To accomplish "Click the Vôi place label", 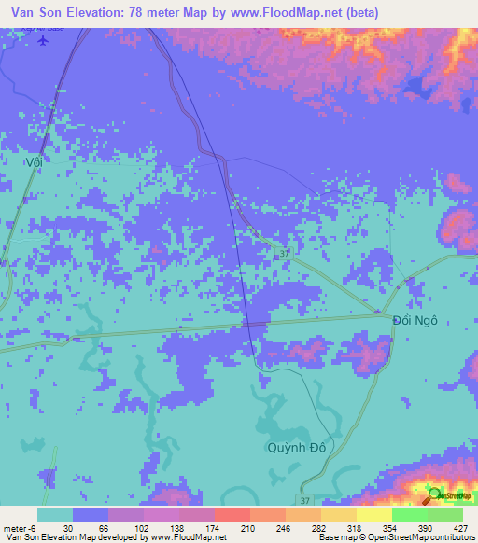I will click(x=34, y=161).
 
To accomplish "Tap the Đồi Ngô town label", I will click(x=415, y=319).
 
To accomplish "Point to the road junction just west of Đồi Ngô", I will click(x=378, y=313).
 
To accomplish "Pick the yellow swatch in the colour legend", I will click(x=373, y=514).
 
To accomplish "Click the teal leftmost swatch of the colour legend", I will click(x=55, y=514).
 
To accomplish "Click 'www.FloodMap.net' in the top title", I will click(x=288, y=12).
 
